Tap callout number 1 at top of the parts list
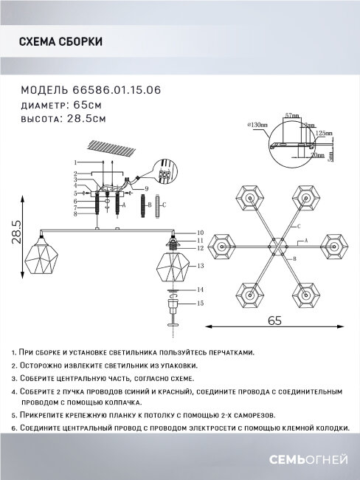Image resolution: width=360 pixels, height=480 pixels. pos(76,161)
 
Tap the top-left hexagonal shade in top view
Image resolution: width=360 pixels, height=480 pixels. pos(249,197)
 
